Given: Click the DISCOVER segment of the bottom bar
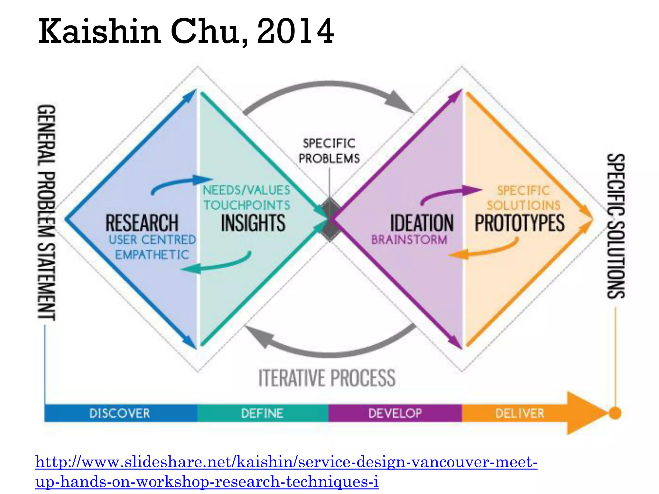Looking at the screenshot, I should click(120, 413).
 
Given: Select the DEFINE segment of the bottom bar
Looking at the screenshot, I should click(262, 413).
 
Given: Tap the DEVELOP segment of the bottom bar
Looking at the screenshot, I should click(395, 413).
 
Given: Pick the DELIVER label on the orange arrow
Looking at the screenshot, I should click(520, 413).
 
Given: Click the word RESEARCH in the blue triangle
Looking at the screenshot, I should click(142, 223).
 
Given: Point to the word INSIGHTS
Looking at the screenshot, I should click(253, 223).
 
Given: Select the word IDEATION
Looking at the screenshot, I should click(422, 223).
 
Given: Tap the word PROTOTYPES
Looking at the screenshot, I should click(520, 223).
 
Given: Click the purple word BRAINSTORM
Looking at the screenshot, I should click(409, 240).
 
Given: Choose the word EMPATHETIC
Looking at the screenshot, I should click(152, 255).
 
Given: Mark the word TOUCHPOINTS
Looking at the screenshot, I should click(247, 205).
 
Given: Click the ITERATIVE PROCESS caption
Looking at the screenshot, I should click(327, 378).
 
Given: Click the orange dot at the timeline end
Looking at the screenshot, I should click(615, 413).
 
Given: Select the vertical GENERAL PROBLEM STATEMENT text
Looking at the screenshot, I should click(47, 212).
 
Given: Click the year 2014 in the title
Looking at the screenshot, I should click(295, 32).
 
